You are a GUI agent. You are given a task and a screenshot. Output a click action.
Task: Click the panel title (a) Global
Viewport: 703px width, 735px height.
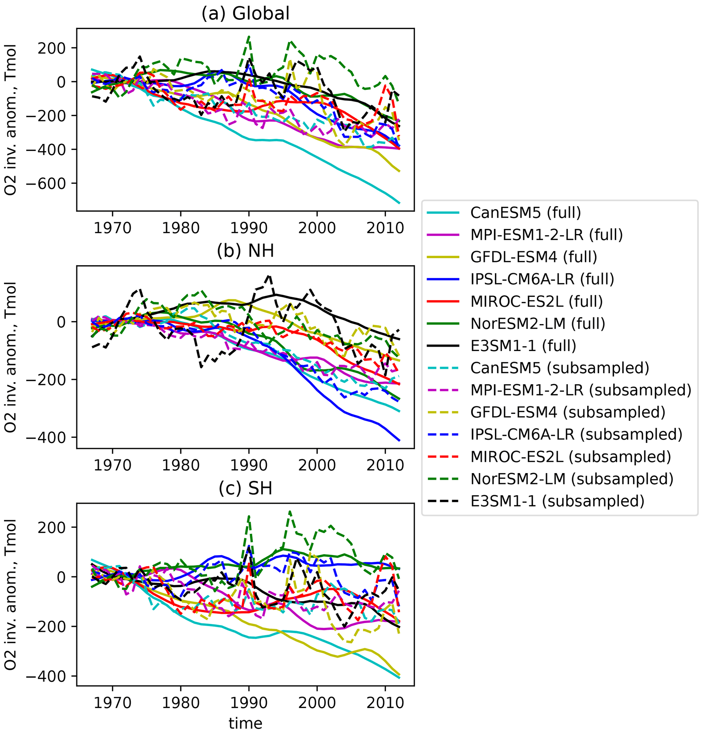[x=246, y=14]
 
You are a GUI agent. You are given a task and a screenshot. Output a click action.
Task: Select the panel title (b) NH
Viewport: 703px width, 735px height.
[x=246, y=251]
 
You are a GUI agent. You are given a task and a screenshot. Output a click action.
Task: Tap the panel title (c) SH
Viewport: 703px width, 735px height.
[x=246, y=488]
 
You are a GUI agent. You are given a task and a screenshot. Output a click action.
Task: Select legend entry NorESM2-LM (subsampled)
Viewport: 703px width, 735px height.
[x=572, y=479]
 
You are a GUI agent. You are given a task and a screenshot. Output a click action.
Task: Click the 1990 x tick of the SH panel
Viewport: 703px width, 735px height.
[x=249, y=702]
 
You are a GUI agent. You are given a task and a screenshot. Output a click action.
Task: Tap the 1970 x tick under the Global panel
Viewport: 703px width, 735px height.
[x=113, y=228]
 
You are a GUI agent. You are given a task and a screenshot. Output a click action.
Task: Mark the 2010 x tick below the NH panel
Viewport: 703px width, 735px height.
[x=385, y=465]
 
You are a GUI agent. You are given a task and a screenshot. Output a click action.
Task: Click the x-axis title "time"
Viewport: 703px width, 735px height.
[x=246, y=723]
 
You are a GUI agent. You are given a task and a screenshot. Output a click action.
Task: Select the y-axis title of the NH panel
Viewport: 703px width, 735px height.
[x=11, y=357]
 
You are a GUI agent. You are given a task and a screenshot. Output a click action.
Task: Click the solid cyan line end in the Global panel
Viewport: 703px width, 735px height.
[x=400, y=203]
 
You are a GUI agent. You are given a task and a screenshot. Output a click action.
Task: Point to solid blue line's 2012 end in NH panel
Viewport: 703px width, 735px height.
[x=400, y=440]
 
